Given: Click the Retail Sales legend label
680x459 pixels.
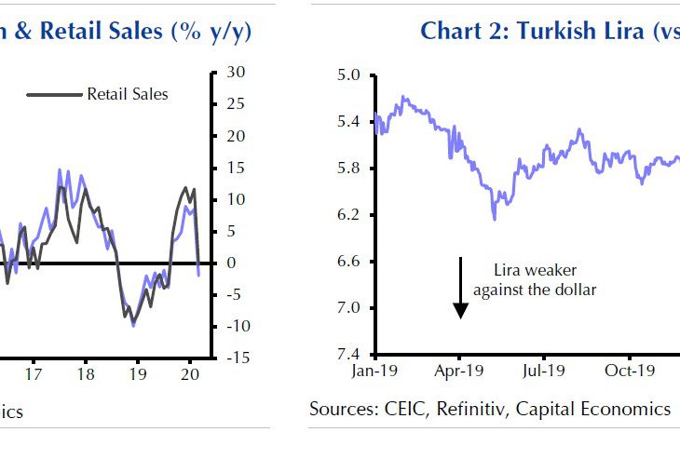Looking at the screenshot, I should [x=128, y=94].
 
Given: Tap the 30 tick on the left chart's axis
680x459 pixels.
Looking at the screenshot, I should [x=235, y=73].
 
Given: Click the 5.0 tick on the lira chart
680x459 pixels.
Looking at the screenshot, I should [x=353, y=74].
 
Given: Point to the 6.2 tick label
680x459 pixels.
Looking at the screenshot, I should [x=353, y=215].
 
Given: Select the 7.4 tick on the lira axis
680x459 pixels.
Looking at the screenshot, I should [x=353, y=355].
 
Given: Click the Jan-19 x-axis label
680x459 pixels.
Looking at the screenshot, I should [x=374, y=370].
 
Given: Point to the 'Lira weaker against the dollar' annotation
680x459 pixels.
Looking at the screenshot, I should [x=534, y=279].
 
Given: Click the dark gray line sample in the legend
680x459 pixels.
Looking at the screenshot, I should [x=54, y=94].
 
